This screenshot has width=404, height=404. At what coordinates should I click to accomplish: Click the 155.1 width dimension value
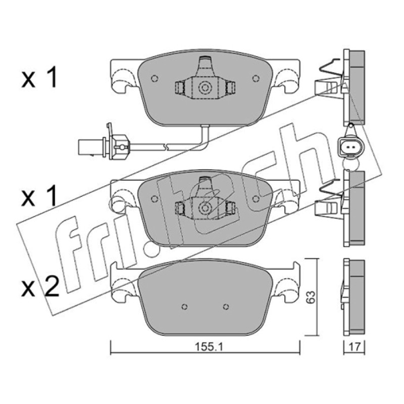[209, 347]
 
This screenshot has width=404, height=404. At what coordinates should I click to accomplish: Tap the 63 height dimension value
[312, 297]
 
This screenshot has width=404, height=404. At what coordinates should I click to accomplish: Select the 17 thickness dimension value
[355, 347]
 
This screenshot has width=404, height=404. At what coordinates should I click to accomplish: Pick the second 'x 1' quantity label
[39, 196]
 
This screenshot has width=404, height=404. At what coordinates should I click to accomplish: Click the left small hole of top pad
[155, 78]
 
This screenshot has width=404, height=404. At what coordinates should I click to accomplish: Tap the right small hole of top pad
[256, 78]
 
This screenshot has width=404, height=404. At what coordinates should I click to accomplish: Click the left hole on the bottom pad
[184, 307]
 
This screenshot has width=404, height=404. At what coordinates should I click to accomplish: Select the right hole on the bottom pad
[226, 307]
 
